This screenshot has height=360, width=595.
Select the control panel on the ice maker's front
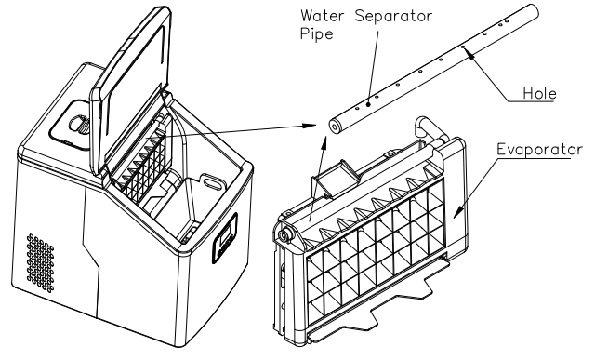[x=224, y=241]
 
